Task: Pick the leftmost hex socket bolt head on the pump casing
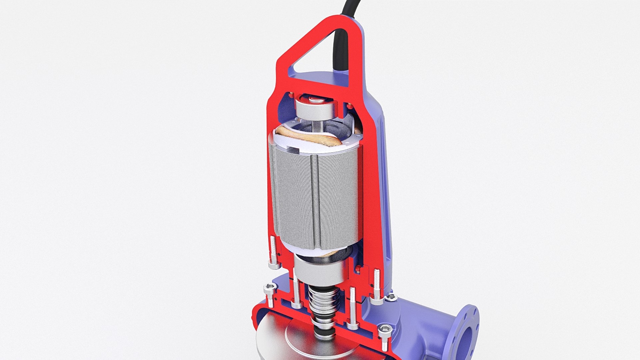coord(270,288)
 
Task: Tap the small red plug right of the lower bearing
coord(358,269)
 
